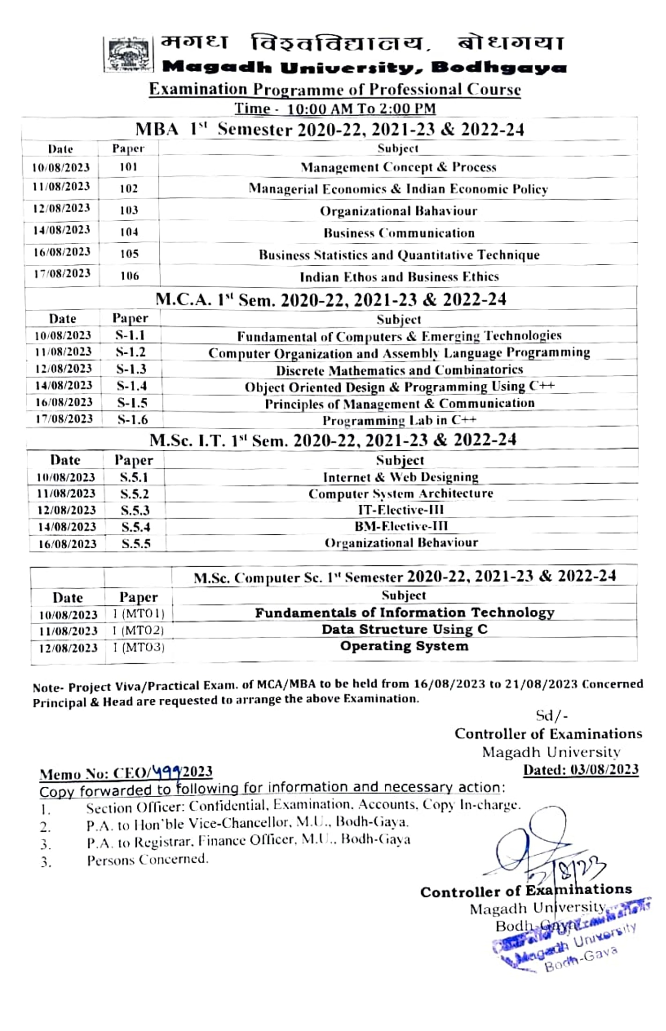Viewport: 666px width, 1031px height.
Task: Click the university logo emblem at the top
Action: [x=128, y=54]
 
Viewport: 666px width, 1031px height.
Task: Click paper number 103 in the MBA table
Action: [x=129, y=210]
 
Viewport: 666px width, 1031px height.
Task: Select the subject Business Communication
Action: [x=399, y=233]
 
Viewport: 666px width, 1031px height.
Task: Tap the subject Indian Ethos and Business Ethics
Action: [x=399, y=277]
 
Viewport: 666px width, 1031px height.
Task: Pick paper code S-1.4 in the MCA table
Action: [x=132, y=386]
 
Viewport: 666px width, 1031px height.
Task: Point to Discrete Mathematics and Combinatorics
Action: [x=399, y=370]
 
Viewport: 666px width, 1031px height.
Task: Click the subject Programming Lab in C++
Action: [x=399, y=420]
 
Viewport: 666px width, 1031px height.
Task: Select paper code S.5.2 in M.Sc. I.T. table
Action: [x=135, y=493]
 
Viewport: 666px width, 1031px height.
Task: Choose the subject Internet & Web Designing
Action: [x=401, y=477]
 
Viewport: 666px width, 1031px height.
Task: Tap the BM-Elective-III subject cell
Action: [x=401, y=526]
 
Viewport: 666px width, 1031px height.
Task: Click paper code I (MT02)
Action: [x=138, y=630]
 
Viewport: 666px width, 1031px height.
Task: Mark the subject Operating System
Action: [x=404, y=646]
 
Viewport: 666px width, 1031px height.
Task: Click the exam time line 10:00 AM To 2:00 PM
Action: [x=335, y=109]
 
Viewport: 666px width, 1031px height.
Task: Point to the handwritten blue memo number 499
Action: [x=167, y=771]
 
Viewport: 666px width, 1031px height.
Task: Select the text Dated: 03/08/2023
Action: [x=581, y=770]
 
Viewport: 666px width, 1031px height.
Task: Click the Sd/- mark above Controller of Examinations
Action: [x=552, y=716]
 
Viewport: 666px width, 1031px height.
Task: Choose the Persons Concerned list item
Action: [x=147, y=859]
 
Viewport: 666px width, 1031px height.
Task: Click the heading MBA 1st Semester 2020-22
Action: [x=329, y=129]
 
